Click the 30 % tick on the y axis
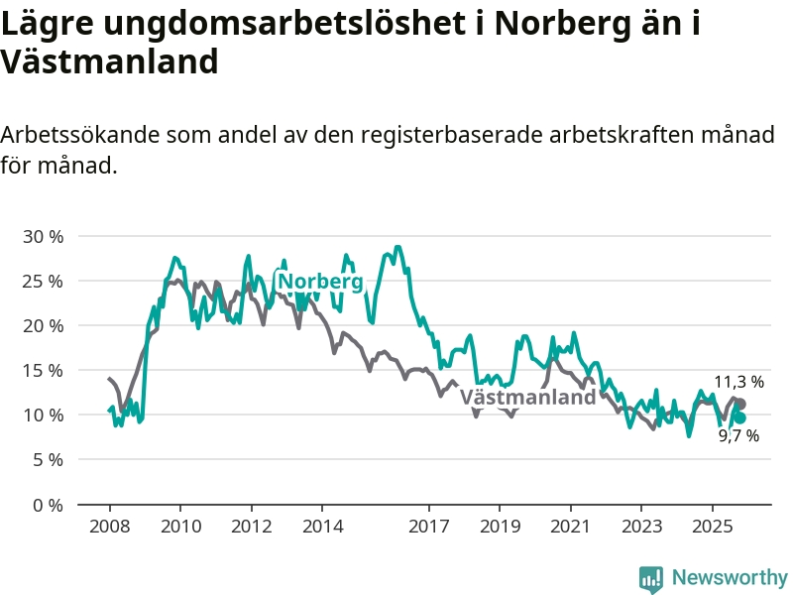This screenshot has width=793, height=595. click(x=44, y=237)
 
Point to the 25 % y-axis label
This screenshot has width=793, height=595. click(x=44, y=282)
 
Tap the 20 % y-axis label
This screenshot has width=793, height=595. click(x=44, y=326)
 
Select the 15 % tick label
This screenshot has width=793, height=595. click(x=44, y=371)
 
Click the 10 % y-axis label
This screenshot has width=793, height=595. click(x=44, y=416)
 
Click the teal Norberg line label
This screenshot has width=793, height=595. click(x=320, y=282)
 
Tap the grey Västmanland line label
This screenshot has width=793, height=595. click(x=528, y=398)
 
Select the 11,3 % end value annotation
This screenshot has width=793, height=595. click(x=738, y=381)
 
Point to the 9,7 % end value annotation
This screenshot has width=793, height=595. click(x=738, y=436)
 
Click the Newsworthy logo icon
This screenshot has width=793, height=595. click(x=651, y=578)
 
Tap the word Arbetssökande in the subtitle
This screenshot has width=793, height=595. click(x=78, y=135)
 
